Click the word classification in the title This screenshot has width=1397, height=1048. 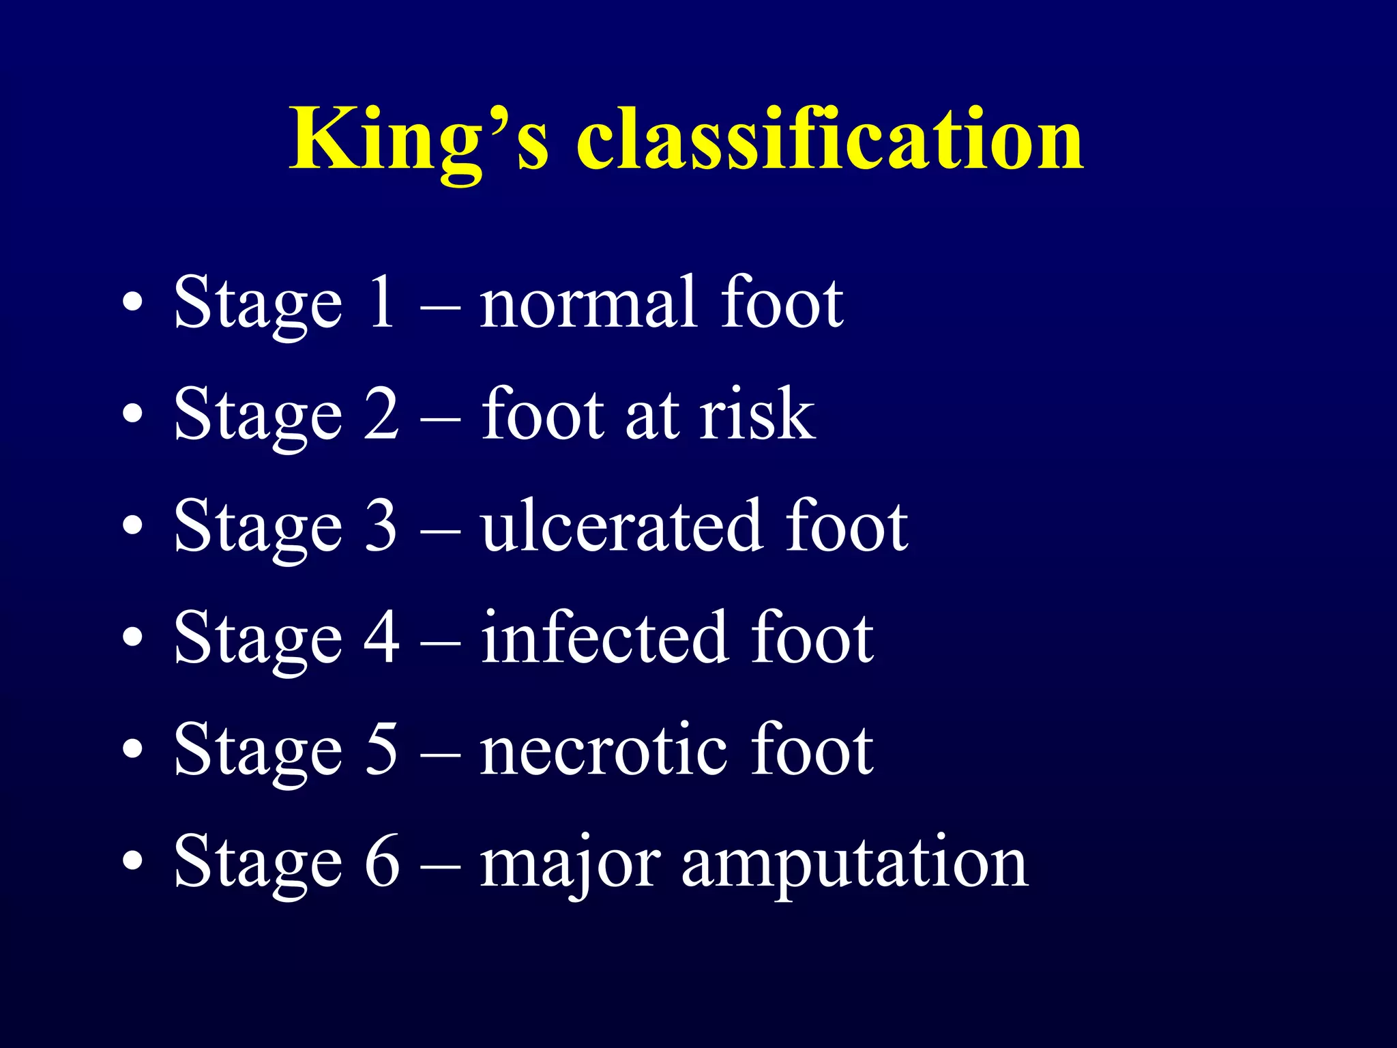(829, 140)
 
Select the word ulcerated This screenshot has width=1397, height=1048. (621, 525)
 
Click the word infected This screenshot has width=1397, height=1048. (603, 637)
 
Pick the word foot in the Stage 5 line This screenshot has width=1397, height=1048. (812, 749)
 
